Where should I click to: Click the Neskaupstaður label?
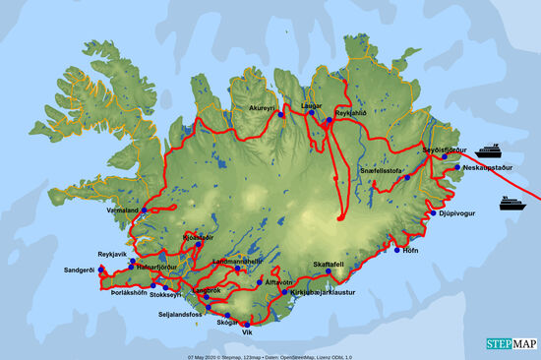482,168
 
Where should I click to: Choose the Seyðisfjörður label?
445,150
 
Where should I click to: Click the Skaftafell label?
329,264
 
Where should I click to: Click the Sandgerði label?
82,269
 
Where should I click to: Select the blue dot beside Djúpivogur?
433,212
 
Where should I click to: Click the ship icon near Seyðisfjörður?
489,150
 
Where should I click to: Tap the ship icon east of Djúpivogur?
511,204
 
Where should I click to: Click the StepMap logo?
512,344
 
